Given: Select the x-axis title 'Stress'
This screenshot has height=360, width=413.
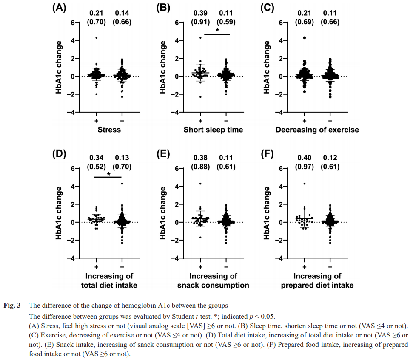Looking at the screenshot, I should click(x=109, y=130).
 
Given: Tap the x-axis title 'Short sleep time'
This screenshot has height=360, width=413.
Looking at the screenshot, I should click(x=214, y=130).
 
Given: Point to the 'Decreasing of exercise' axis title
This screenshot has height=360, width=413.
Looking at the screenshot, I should click(x=317, y=130).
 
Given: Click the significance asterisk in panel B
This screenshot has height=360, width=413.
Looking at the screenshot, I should click(x=217, y=30).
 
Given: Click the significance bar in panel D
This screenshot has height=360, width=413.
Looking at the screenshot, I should click(x=108, y=176).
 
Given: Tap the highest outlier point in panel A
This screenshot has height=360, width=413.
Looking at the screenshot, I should click(x=97, y=38).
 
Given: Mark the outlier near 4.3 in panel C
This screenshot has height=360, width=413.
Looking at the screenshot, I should click(x=305, y=38).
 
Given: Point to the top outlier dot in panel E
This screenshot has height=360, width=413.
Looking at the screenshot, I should click(x=200, y=184).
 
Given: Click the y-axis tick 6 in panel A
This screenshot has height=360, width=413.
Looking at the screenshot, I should click(x=74, y=23).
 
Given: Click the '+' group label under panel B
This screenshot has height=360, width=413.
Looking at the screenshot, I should click(x=200, y=121).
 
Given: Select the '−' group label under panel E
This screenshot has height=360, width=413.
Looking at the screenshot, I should click(x=226, y=266).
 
